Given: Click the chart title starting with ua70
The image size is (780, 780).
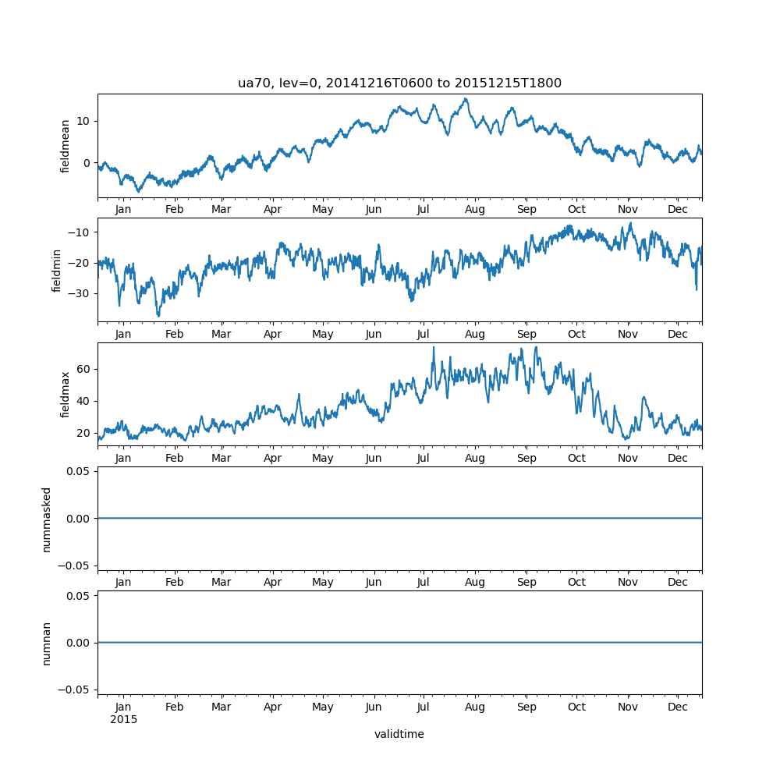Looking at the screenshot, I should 399,83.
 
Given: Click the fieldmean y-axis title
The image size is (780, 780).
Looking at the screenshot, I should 66,146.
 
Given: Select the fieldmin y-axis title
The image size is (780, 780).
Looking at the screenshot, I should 56,270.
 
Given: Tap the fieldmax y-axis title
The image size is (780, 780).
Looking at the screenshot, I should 66,394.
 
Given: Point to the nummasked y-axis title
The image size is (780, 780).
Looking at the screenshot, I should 47,519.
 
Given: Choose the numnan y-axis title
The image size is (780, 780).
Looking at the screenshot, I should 47,643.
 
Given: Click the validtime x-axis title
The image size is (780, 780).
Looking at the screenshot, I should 399,734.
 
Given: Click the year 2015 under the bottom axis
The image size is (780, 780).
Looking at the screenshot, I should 123,719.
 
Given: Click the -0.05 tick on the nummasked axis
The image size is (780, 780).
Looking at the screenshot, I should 76,565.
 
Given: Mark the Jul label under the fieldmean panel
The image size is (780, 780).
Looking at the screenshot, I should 424,210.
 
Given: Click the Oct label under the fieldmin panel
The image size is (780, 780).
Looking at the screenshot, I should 576,334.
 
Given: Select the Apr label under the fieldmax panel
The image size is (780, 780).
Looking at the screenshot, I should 272,459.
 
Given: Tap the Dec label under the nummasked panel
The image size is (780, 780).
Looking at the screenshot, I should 678,583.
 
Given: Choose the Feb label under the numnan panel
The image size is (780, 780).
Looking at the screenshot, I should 175,707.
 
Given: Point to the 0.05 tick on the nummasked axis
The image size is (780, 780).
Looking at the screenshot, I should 79,471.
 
